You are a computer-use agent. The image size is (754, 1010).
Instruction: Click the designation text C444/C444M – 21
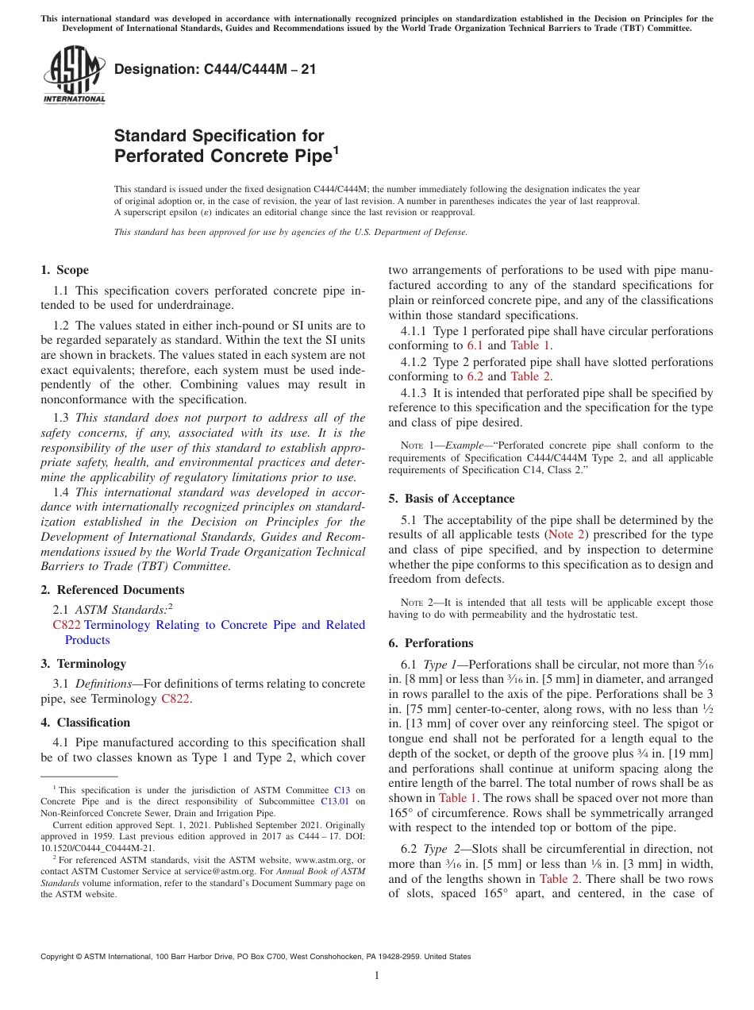[215, 69]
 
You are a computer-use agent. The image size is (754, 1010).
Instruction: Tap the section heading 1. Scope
[64, 270]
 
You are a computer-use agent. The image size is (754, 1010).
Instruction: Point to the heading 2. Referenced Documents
[112, 590]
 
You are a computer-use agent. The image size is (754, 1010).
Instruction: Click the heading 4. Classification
[85, 723]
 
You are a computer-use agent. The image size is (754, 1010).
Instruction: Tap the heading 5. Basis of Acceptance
[452, 499]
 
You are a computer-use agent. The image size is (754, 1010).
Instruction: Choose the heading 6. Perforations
[430, 643]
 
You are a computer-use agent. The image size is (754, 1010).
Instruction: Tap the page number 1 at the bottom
[377, 975]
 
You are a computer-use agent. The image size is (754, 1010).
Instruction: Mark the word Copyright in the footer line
[57, 957]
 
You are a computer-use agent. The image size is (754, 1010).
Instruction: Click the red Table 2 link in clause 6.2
[559, 879]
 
